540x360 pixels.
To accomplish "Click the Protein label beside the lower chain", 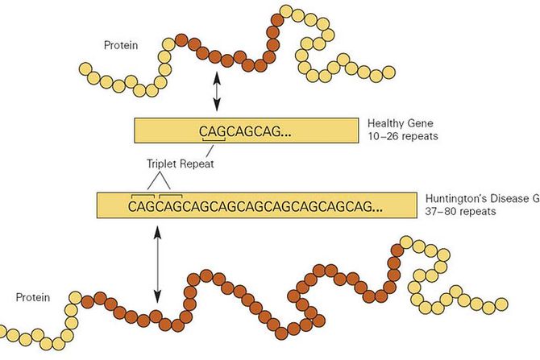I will click(x=32, y=298).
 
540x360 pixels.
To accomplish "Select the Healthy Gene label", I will click(x=401, y=123).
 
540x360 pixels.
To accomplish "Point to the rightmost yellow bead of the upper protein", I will click(x=389, y=72).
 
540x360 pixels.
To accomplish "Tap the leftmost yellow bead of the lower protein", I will click(x=6, y=333).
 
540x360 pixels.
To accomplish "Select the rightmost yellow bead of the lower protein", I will click(x=501, y=304).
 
